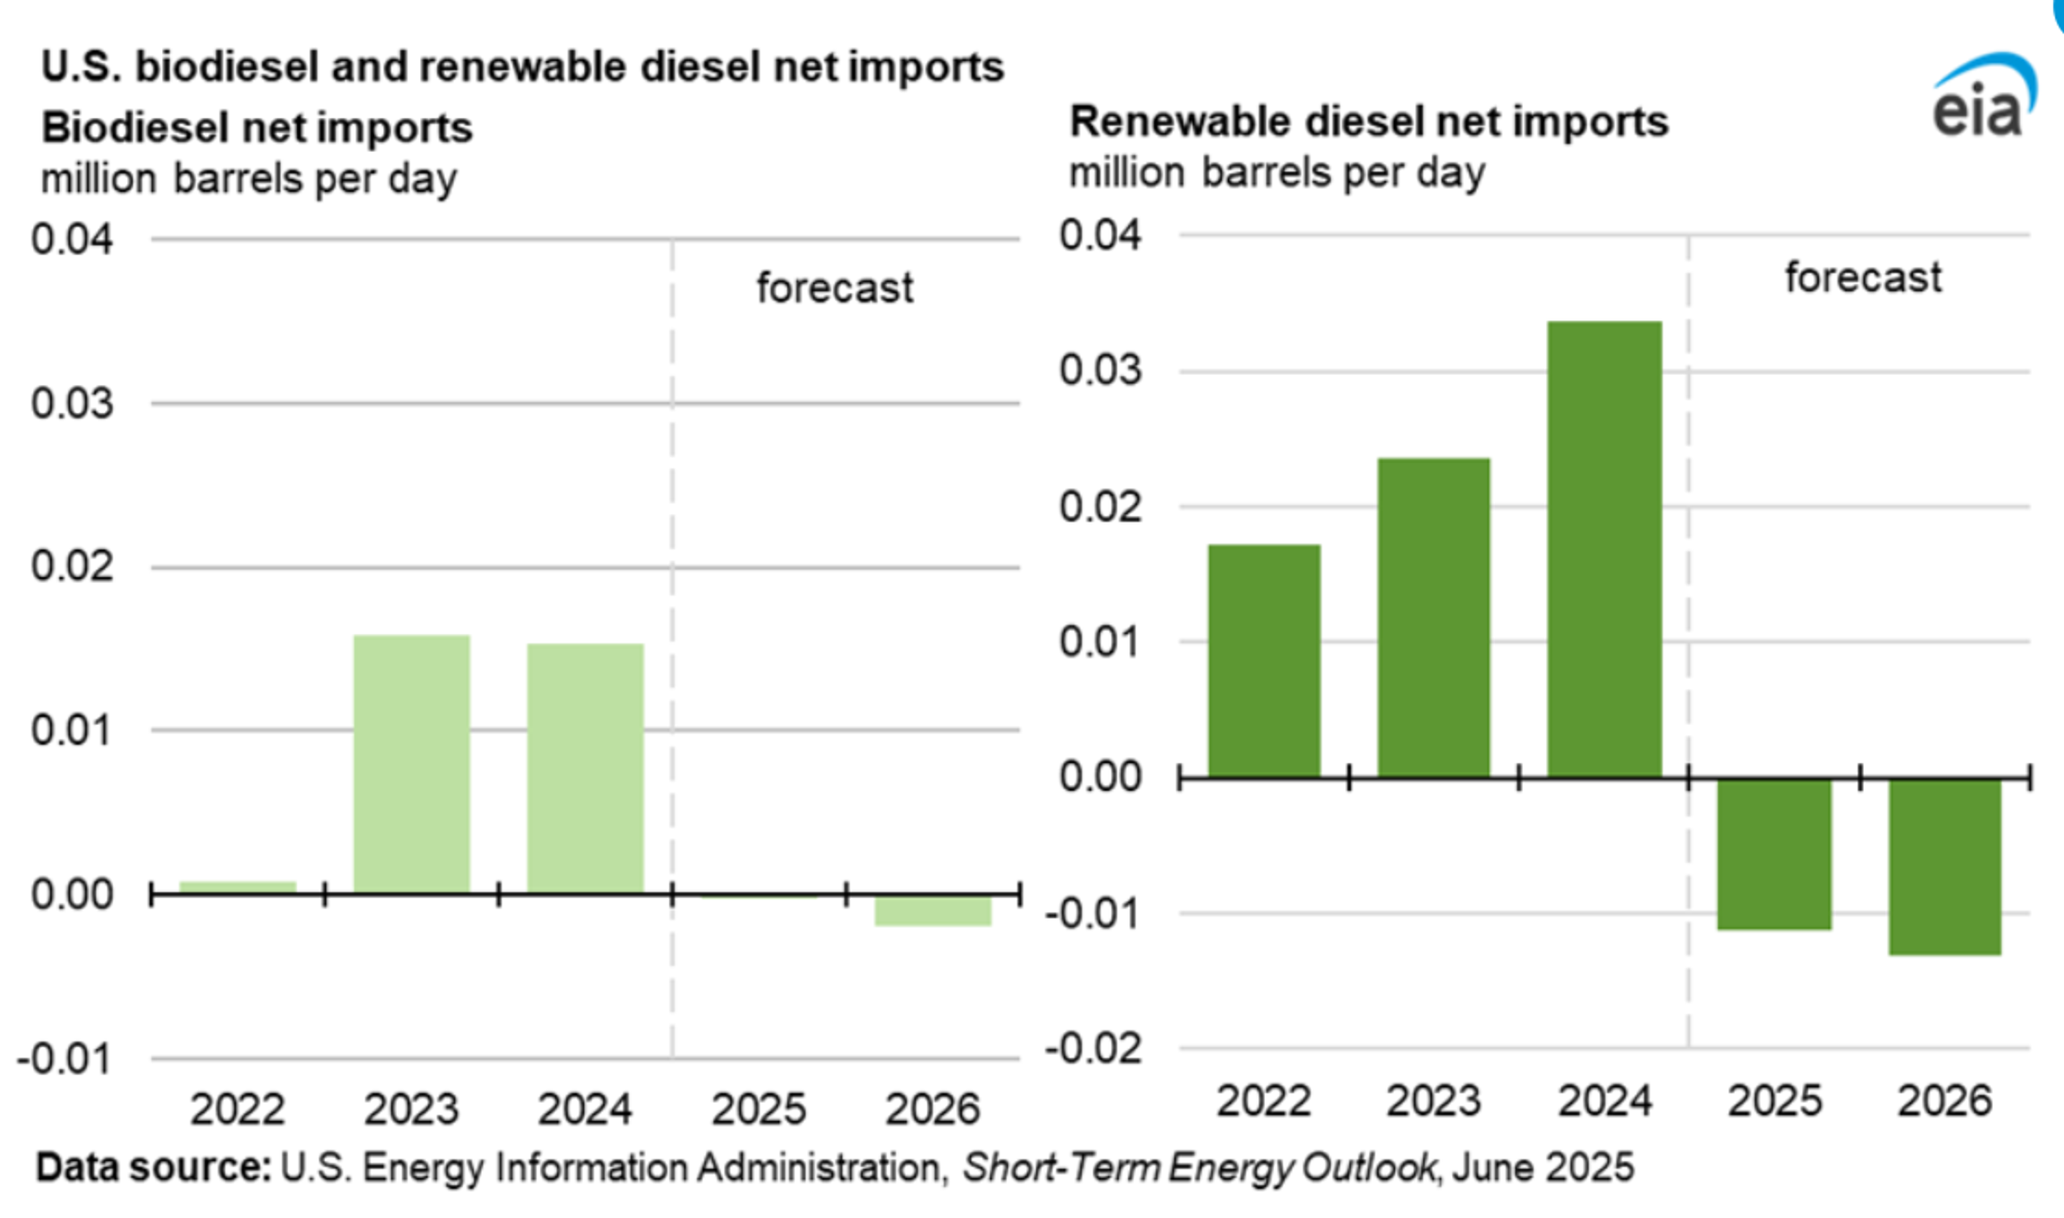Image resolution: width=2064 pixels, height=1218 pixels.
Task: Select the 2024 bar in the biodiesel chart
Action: pos(585,768)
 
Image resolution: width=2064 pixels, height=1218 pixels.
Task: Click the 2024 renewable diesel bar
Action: pos(1604,549)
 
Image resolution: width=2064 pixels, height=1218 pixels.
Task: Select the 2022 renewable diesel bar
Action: pos(1264,661)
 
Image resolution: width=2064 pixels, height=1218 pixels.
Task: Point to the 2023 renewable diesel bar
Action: pos(1434,617)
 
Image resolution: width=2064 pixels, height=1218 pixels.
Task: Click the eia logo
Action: pos(1982,98)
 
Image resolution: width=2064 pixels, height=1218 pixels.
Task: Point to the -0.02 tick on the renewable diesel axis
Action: pos(1093,1049)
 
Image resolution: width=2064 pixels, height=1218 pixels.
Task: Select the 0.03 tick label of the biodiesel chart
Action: pos(72,404)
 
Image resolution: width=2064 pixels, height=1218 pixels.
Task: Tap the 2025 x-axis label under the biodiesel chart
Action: pos(759,1109)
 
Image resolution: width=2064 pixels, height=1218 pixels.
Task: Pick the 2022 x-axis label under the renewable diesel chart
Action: pos(1264,1101)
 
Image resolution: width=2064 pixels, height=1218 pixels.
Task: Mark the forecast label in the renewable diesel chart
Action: pos(1863,277)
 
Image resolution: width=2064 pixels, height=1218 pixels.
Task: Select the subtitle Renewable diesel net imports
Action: pos(1369,123)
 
